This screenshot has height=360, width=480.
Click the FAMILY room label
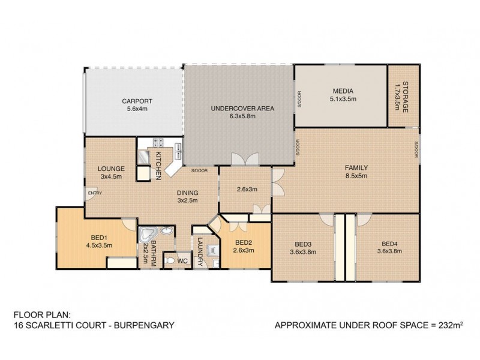[356, 167]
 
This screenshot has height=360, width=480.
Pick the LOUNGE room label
[111, 169]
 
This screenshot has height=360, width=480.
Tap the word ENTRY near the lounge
[94, 193]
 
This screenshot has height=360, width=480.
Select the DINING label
[188, 193]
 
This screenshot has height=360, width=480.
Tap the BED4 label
[390, 243]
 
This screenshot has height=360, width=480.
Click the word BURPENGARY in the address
[146, 326]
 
